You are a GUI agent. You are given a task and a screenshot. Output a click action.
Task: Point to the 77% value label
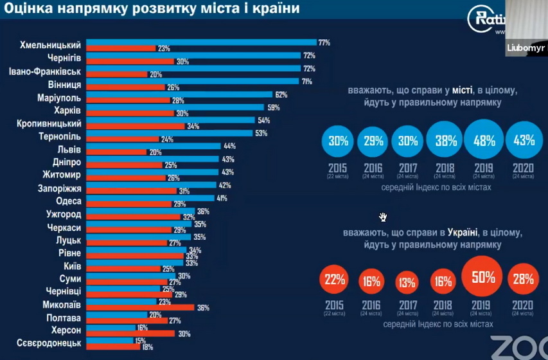[x=324, y=42]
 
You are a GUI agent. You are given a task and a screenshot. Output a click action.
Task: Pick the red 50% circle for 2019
[x=482, y=278]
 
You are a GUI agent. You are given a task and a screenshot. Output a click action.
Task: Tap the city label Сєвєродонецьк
[x=49, y=343]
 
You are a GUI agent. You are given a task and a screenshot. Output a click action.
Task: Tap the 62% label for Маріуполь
[x=281, y=94]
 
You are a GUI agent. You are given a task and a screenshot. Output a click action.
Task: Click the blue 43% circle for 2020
[x=522, y=140]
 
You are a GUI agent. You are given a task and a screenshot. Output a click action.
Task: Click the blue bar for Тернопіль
[x=170, y=133]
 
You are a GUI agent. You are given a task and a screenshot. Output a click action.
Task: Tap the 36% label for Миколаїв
[x=204, y=307]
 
